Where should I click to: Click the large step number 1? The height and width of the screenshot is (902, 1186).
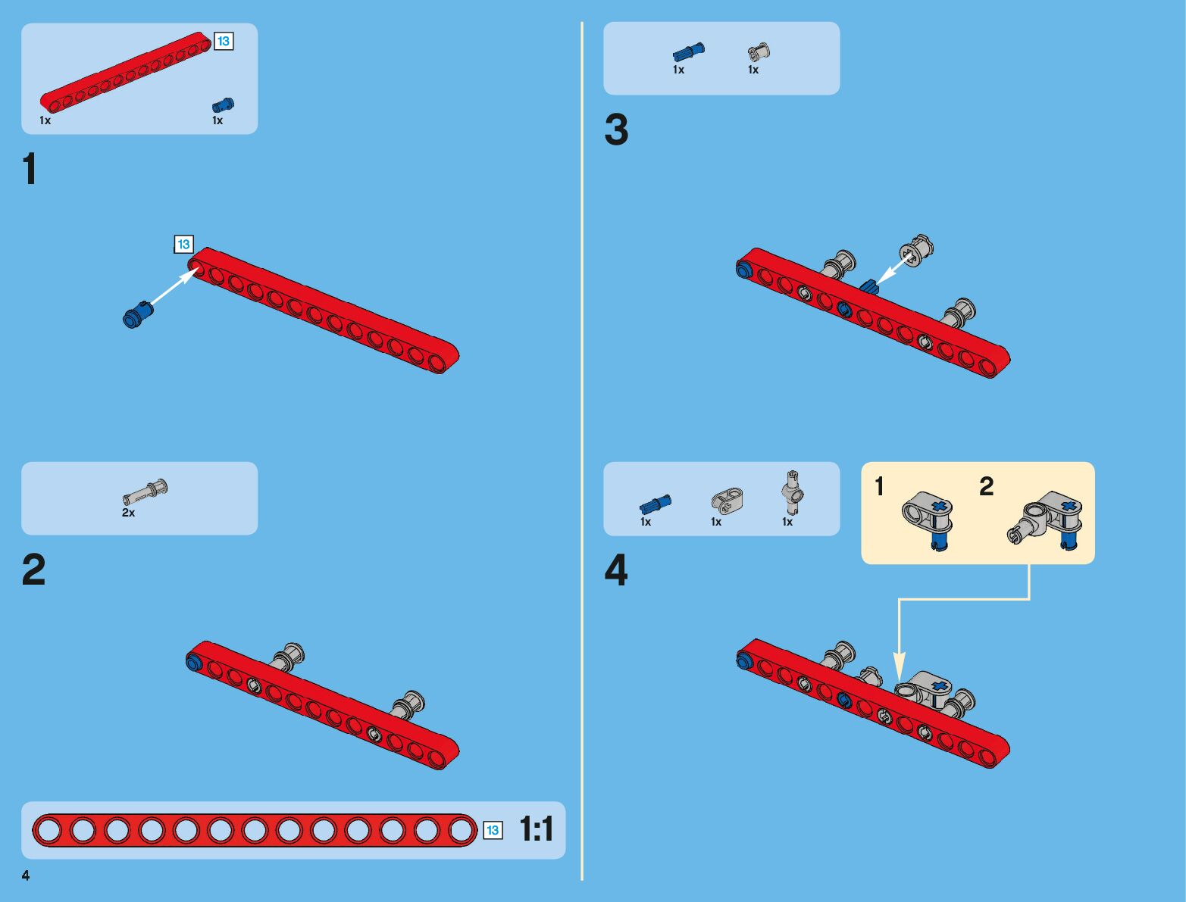coord(30,169)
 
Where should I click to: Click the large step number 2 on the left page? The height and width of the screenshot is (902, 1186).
coord(33,570)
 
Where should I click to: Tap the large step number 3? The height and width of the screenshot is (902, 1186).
coord(616,130)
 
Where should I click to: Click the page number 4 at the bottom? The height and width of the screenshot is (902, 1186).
coord(26,875)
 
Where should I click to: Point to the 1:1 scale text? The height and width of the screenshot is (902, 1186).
coord(537,830)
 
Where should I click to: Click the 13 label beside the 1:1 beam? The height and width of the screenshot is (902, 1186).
coord(493,831)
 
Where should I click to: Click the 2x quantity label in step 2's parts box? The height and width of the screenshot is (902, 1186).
coord(128,513)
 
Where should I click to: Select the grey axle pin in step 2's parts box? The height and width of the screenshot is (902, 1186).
coord(145,491)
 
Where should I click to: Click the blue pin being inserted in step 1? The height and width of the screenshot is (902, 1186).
coord(137,314)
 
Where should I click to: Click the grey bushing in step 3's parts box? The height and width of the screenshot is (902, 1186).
coord(758,52)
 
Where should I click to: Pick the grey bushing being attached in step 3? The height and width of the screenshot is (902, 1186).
coord(916,251)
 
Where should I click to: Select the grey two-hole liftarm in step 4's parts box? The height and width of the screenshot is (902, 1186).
coord(727,499)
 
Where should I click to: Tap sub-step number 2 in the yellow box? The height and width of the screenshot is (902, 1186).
coord(986,486)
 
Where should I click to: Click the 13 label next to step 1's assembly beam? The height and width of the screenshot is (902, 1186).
coord(183,245)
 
